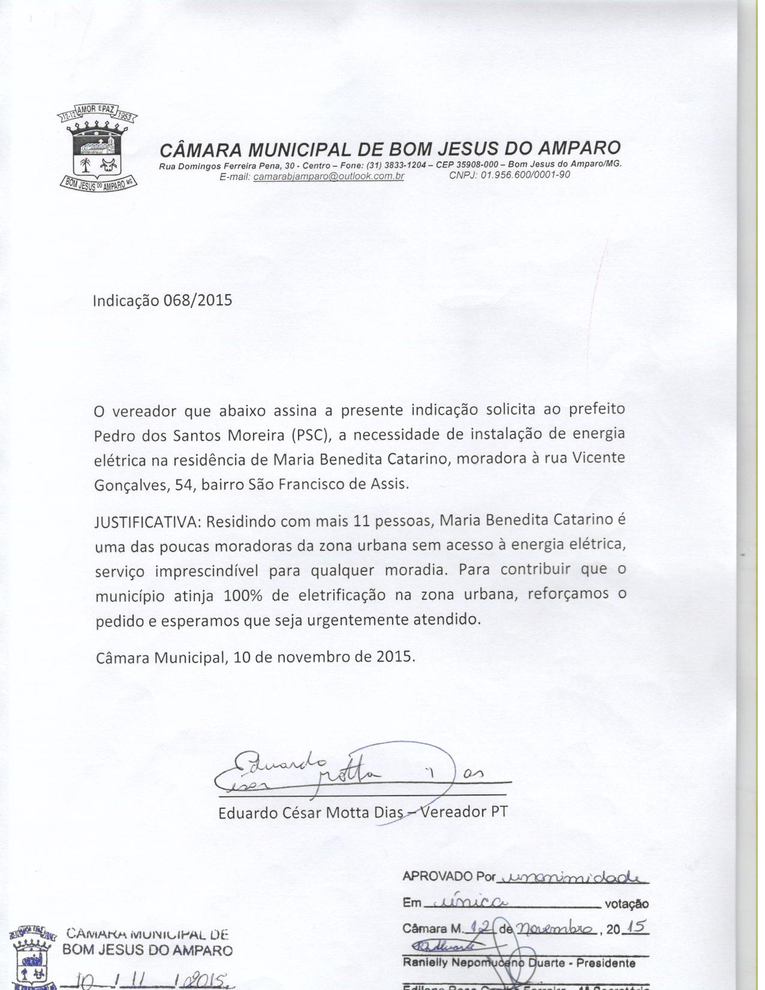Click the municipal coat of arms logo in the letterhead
(x=97, y=150)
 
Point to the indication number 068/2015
(x=197, y=300)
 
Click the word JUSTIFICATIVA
(x=147, y=521)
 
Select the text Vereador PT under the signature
(x=464, y=812)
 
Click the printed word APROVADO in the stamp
(x=438, y=877)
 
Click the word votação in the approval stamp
(x=627, y=904)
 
